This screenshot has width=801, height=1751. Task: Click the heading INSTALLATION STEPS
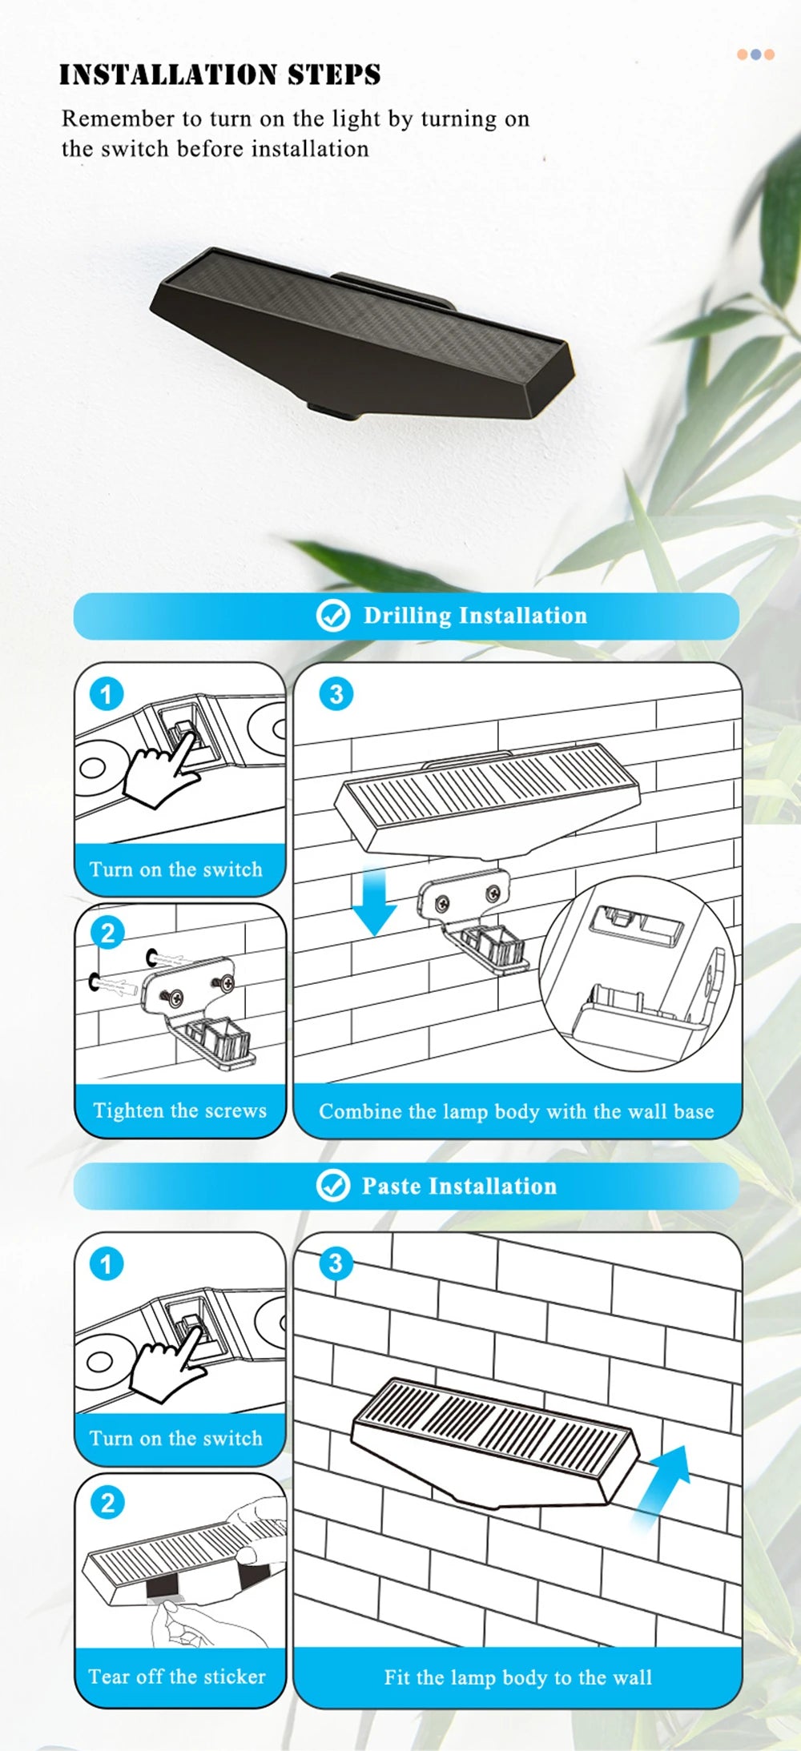click(x=220, y=74)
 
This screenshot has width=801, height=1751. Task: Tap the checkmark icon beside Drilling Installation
click(x=333, y=616)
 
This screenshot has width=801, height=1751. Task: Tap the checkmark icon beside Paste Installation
click(x=333, y=1186)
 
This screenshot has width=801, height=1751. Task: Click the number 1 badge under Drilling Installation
click(x=107, y=693)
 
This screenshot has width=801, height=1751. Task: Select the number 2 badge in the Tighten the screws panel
click(x=107, y=933)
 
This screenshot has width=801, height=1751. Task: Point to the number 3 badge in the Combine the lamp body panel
click(x=336, y=694)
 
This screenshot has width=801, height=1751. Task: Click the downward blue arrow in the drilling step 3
click(x=375, y=901)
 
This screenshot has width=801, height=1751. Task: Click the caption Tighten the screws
click(x=179, y=1110)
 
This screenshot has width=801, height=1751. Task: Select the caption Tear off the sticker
click(x=177, y=1677)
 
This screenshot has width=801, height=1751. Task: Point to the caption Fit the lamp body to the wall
click(x=517, y=1677)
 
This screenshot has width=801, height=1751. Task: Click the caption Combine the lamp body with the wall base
click(x=517, y=1111)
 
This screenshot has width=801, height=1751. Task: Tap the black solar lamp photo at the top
click(x=362, y=333)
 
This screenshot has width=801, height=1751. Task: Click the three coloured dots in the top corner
click(x=755, y=54)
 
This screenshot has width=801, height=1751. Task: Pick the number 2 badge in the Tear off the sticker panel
click(x=107, y=1503)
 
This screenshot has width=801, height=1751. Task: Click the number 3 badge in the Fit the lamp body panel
click(x=336, y=1263)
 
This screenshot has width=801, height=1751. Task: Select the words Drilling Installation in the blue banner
click(x=475, y=616)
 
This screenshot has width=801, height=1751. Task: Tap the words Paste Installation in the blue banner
click(x=459, y=1186)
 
